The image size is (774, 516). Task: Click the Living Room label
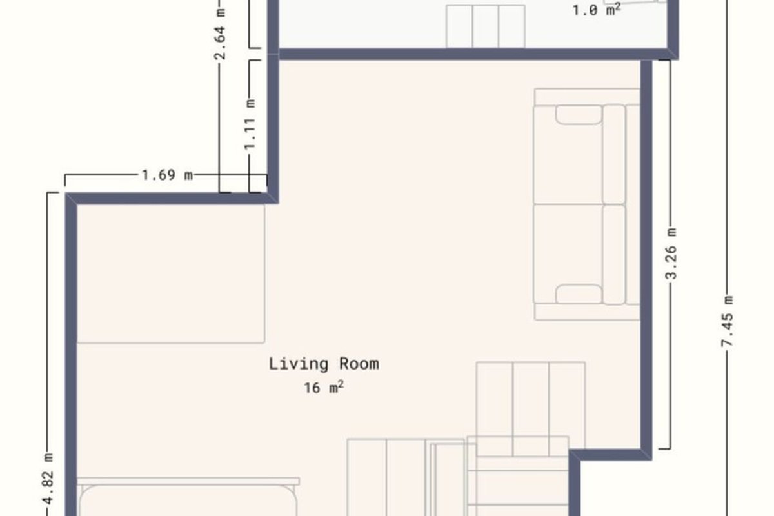coord(324,364)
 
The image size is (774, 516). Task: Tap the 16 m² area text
coord(324,388)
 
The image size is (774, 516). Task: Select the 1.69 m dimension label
coord(167,175)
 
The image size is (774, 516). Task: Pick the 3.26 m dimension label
coord(671,253)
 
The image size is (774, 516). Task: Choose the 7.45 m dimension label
coord(727,321)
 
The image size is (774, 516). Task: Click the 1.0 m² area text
coord(597,9)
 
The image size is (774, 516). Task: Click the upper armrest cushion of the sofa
coord(579,115)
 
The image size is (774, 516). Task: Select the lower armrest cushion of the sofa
coord(579,294)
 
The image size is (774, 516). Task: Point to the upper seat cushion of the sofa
coord(568,155)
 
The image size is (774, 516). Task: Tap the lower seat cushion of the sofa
coord(568,254)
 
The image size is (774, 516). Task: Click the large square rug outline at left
coord(171,273)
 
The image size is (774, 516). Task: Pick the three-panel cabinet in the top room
coord(486,26)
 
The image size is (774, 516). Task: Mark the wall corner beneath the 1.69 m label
coord(273,198)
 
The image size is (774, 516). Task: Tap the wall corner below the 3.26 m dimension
coord(646,455)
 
